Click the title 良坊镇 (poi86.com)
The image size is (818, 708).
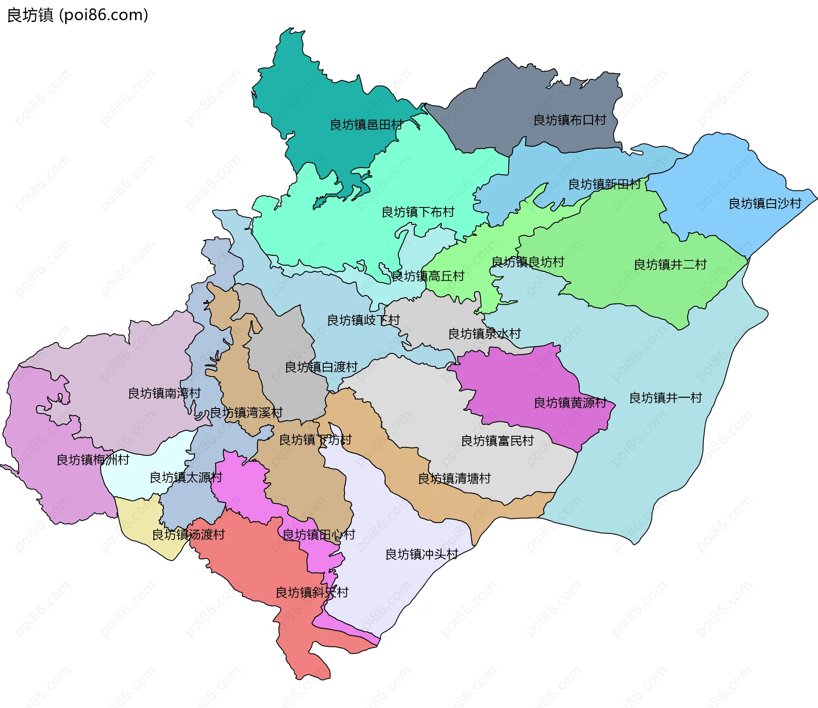[78, 15]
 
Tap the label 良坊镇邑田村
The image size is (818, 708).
[366, 125]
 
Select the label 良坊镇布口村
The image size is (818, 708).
[570, 120]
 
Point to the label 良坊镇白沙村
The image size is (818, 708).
[765, 204]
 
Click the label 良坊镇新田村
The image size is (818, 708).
[605, 184]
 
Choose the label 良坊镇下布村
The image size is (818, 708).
[418, 212]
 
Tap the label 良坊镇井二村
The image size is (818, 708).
[670, 265]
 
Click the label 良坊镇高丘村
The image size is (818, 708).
[428, 276]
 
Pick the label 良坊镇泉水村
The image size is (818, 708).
[484, 334]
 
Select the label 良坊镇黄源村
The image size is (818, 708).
[570, 403]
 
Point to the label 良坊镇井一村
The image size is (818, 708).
[665, 398]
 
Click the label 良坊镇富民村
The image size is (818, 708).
[497, 441]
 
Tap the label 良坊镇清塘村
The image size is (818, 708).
[454, 479]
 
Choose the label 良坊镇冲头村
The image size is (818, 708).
[422, 555]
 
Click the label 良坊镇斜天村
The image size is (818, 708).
[312, 593]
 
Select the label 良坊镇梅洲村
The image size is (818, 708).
[93, 460]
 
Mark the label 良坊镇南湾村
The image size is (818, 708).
[164, 394]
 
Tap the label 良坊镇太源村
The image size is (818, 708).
[186, 478]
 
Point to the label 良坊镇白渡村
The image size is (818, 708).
[321, 367]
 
